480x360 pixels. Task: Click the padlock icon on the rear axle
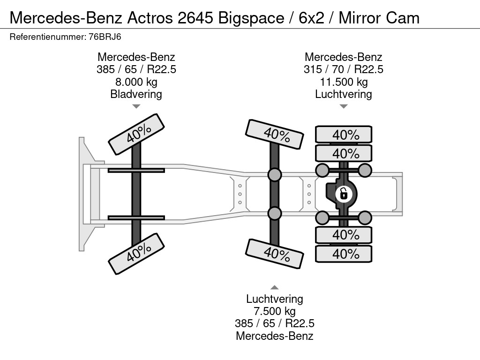[x=344, y=194]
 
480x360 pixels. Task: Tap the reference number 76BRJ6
[x=105, y=37]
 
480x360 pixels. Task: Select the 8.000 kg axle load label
[x=136, y=82]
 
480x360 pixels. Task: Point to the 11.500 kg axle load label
[x=344, y=82]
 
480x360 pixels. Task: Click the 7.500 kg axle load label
[x=275, y=311]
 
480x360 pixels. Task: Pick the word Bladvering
[x=136, y=94]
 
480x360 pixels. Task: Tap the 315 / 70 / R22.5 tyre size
[x=344, y=69]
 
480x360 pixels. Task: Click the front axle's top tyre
[x=136, y=134]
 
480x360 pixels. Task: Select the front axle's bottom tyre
[x=136, y=254]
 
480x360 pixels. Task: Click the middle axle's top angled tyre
[x=275, y=134]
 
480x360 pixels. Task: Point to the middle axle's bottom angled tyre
[x=275, y=254]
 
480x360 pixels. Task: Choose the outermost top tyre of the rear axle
[x=344, y=135]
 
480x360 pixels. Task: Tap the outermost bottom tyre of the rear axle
[x=344, y=254]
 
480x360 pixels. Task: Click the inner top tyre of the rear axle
[x=344, y=153]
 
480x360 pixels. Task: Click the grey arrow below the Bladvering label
[x=136, y=106]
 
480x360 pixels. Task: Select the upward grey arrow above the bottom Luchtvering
[x=275, y=287]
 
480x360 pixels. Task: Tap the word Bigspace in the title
[x=251, y=18]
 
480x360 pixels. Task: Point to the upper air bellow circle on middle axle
[x=275, y=174]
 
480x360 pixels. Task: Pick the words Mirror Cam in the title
[x=379, y=18]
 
